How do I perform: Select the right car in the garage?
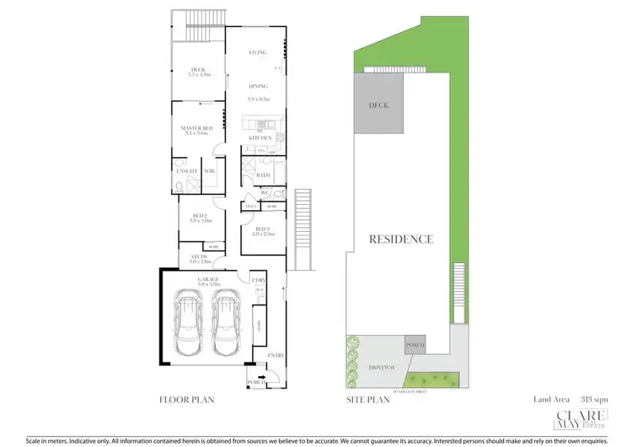click(x=227, y=324)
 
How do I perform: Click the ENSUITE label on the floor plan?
click(x=186, y=171)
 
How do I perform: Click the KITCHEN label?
click(x=259, y=137)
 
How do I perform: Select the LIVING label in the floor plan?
click(x=258, y=53)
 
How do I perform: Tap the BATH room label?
click(x=262, y=175)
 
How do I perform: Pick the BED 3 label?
click(x=262, y=229)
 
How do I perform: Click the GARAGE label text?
click(x=208, y=278)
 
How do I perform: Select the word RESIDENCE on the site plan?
click(x=401, y=239)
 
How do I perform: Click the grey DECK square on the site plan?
click(x=376, y=104)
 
